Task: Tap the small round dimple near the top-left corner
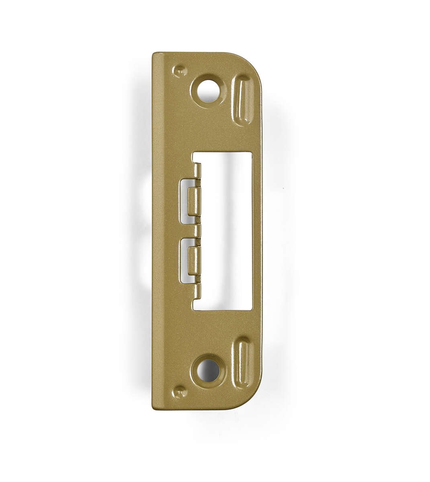coord(180,71)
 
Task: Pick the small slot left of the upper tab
coord(184,201)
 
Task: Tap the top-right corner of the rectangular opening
coord(252,153)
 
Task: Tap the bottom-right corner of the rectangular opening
coord(252,309)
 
